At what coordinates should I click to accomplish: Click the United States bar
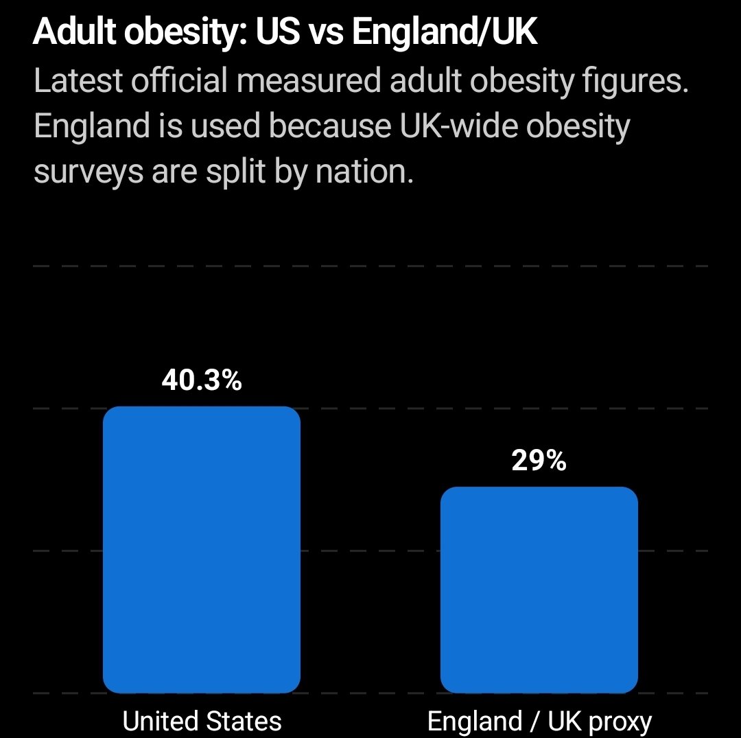[x=202, y=550]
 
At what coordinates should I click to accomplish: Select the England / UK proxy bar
[x=539, y=590]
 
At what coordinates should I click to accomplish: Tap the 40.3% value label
[x=202, y=380]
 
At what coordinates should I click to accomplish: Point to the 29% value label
[x=539, y=461]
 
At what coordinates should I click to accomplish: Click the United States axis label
[x=202, y=721]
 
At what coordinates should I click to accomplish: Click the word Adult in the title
[x=75, y=32]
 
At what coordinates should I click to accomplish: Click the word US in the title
[x=279, y=32]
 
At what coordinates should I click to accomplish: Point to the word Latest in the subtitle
[x=78, y=80]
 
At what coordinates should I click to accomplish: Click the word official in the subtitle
[x=179, y=80]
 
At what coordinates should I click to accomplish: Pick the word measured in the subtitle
[x=309, y=80]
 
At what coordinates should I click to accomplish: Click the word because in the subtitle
[x=330, y=126]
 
